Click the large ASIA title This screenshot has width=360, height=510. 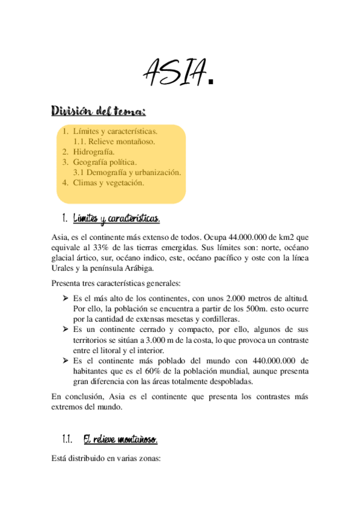(179, 73)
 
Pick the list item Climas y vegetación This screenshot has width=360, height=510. (108, 183)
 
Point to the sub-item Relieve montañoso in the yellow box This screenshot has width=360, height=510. (114, 142)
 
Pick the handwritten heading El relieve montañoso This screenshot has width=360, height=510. (120, 440)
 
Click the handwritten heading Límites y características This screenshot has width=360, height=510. (116, 217)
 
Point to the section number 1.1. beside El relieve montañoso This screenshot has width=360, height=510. (67, 440)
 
